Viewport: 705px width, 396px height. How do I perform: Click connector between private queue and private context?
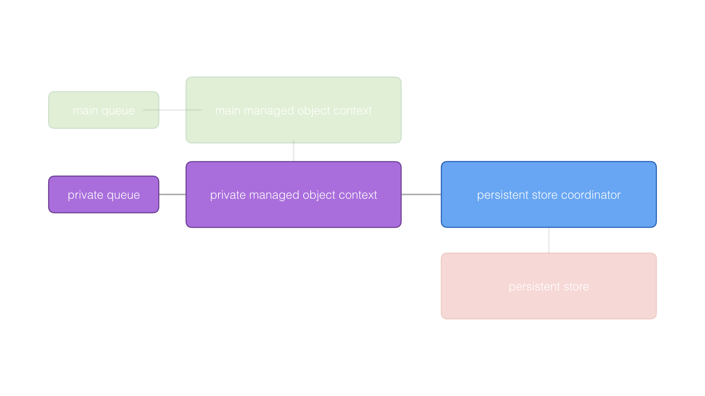(x=172, y=194)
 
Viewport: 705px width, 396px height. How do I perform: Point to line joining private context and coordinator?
(x=421, y=194)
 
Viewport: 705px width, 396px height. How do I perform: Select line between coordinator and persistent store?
(x=549, y=240)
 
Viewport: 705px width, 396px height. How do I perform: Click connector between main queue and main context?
(x=172, y=110)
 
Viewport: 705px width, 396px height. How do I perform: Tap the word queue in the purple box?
(x=123, y=195)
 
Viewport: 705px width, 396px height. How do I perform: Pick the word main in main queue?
(x=85, y=110)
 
